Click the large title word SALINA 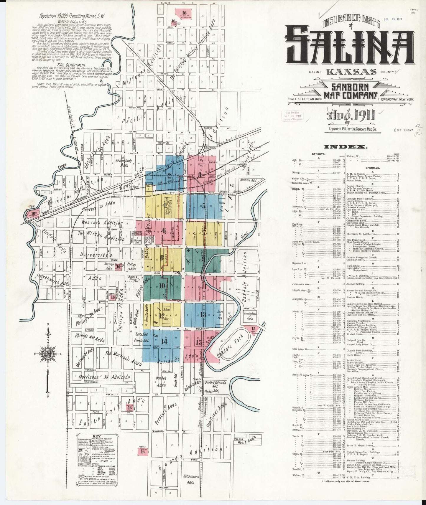click(350, 46)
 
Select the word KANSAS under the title click(351, 72)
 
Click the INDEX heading click(346, 147)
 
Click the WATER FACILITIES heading click(72, 22)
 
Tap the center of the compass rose click(47, 354)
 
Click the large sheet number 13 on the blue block click(203, 314)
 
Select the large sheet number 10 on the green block click(162, 285)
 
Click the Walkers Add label click(249, 180)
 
